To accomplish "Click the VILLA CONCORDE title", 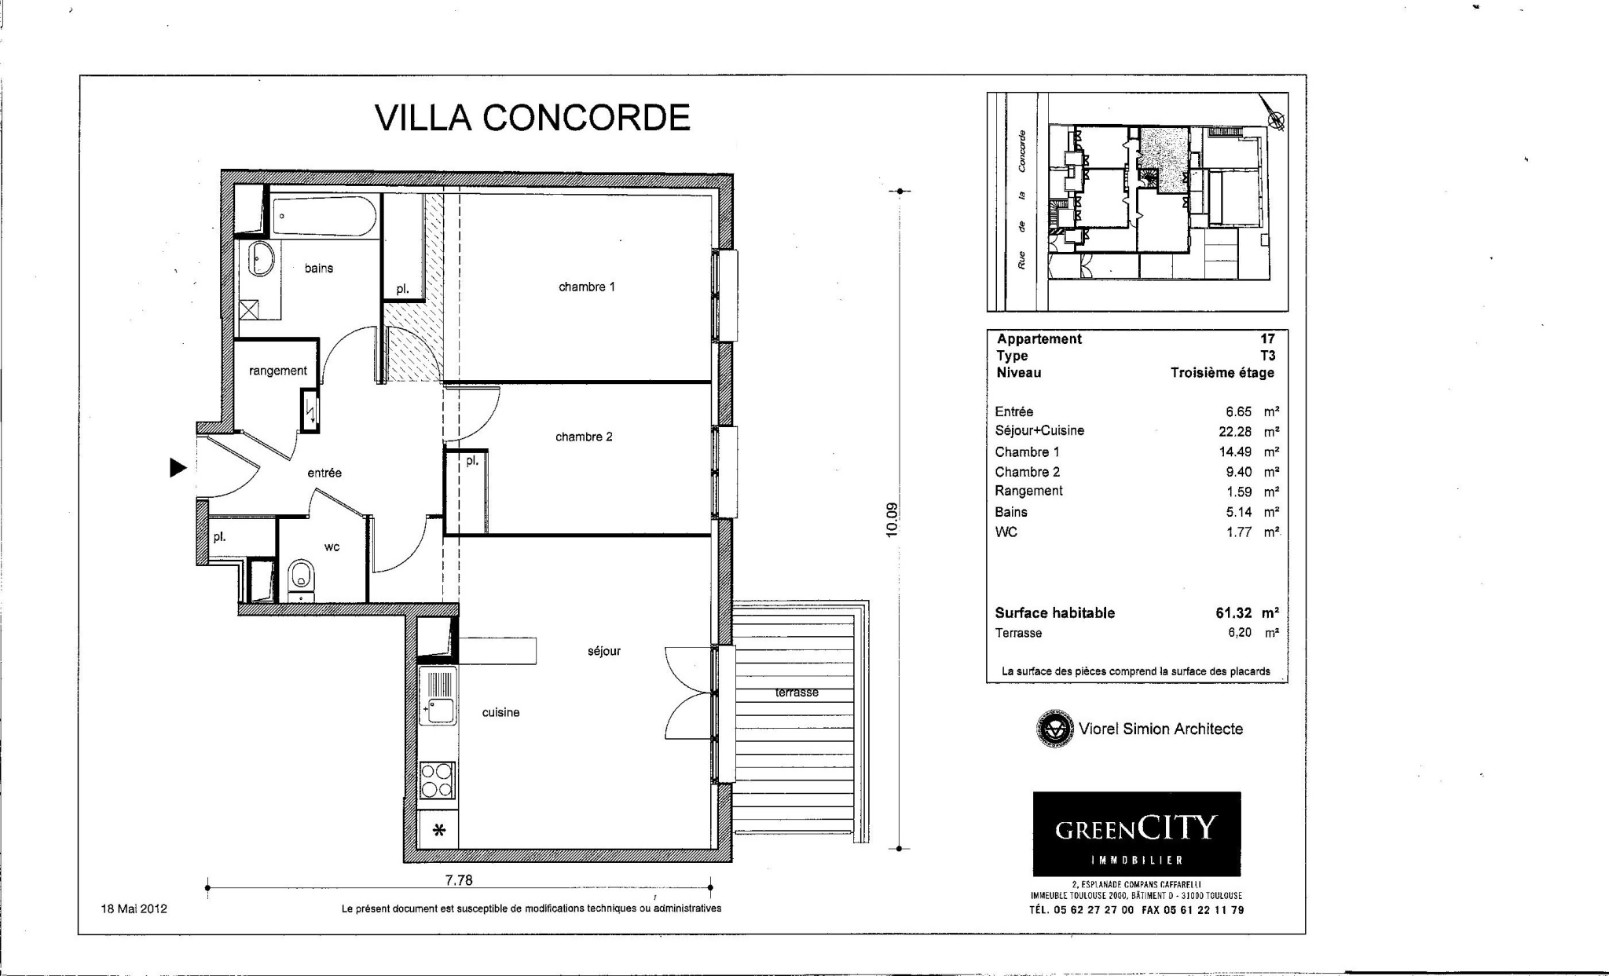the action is (533, 118).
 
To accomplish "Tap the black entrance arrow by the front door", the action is (178, 468).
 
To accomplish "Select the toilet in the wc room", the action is (301, 579).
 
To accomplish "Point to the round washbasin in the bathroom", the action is (262, 258).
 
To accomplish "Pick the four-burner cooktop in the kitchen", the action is (437, 780).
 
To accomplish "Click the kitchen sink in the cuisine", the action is (438, 697).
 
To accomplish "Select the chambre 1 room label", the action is (587, 287).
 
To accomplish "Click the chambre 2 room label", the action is (584, 437).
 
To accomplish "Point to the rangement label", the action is (278, 371).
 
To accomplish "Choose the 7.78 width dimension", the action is (459, 880).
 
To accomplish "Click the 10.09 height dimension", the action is (891, 520).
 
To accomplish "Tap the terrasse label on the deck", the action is (797, 693).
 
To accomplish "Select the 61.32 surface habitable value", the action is (1234, 613).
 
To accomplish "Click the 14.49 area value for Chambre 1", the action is (1235, 452).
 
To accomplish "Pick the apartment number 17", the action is (1267, 339).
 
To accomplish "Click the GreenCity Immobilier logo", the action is (1136, 834).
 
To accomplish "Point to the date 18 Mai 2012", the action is (134, 909).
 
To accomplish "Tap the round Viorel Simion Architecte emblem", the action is (1054, 729).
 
